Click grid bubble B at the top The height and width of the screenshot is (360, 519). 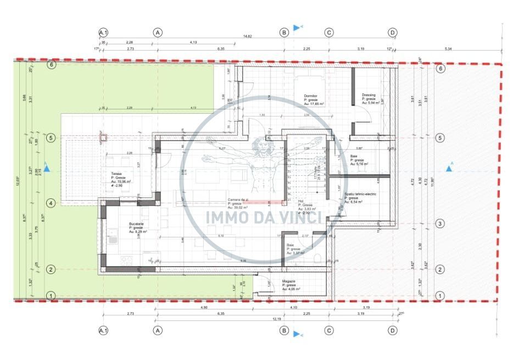tap(284, 33)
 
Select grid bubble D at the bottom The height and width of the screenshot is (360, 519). tap(393, 331)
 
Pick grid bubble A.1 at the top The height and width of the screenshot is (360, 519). tap(103, 33)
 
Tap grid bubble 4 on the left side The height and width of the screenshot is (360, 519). tap(51, 203)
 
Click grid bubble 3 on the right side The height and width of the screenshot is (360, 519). tap(440, 224)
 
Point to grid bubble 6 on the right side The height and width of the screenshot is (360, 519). tap(440, 69)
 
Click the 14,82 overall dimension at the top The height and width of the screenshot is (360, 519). tap(248, 37)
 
